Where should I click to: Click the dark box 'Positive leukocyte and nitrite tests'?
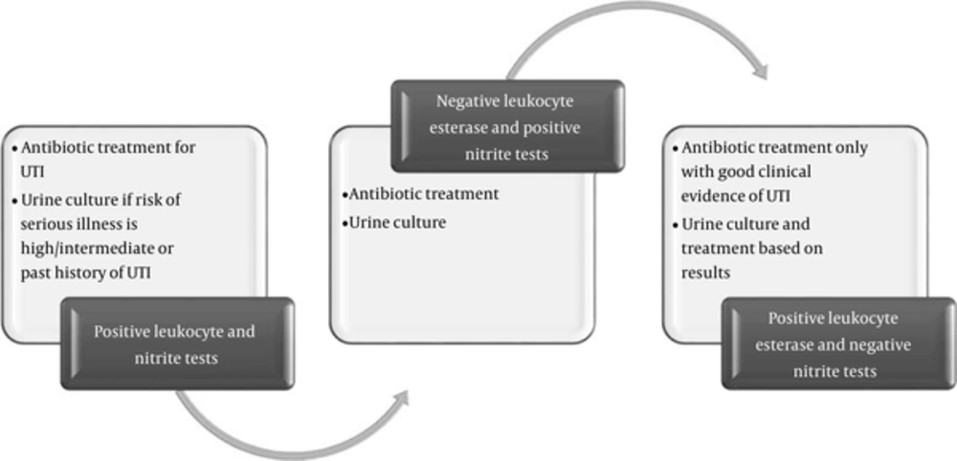[x=177, y=343]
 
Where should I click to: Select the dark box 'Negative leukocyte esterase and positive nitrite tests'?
[x=508, y=126]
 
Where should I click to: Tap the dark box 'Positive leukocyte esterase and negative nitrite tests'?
[x=838, y=343]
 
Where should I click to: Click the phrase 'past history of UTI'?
[x=85, y=274]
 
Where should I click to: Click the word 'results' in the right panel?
[x=705, y=274]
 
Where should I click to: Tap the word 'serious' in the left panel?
[x=48, y=225]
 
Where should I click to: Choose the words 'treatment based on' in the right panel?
[x=752, y=248]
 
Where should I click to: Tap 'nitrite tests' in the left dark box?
[x=176, y=359]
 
